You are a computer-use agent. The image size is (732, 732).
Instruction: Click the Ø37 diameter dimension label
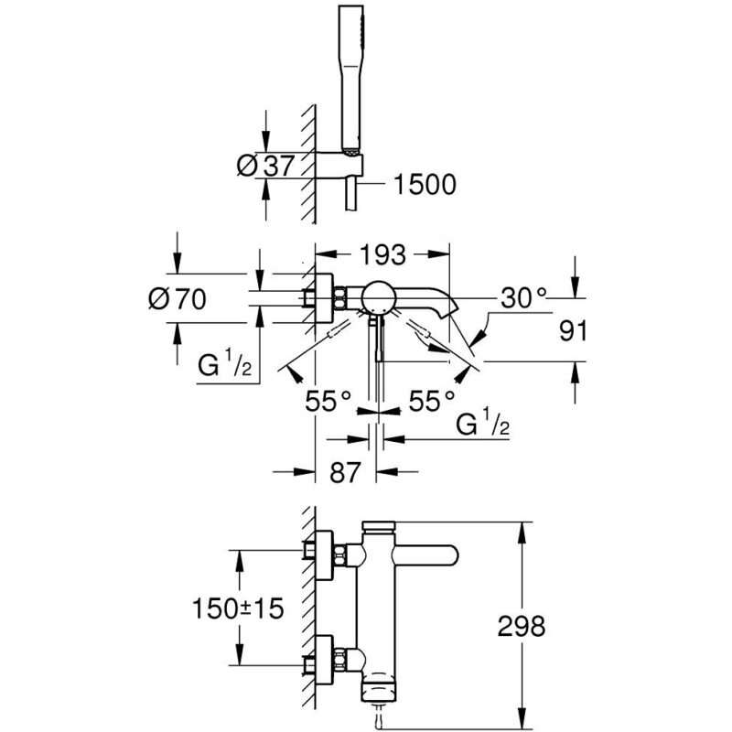[266, 166]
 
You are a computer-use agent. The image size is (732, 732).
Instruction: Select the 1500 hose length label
[425, 185]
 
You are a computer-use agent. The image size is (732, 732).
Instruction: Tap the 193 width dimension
[382, 255]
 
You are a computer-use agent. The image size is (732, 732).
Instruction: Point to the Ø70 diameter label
[177, 299]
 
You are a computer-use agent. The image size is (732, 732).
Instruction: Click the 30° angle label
[523, 298]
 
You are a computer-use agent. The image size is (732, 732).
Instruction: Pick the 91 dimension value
[573, 331]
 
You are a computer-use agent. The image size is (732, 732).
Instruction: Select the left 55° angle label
[328, 401]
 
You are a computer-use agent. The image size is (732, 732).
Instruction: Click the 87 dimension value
[346, 472]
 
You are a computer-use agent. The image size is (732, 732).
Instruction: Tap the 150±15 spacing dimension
[238, 608]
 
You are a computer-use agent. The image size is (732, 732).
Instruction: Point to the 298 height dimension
[521, 626]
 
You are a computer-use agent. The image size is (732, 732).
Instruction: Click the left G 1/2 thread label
[225, 364]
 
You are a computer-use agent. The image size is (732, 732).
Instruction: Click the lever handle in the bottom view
[425, 555]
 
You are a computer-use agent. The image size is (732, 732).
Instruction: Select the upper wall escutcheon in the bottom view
[324, 555]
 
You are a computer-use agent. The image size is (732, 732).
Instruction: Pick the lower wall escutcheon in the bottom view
[324, 660]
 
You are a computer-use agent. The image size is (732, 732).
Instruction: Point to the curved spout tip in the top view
[447, 308]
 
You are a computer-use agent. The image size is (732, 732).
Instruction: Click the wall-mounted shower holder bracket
[339, 165]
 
